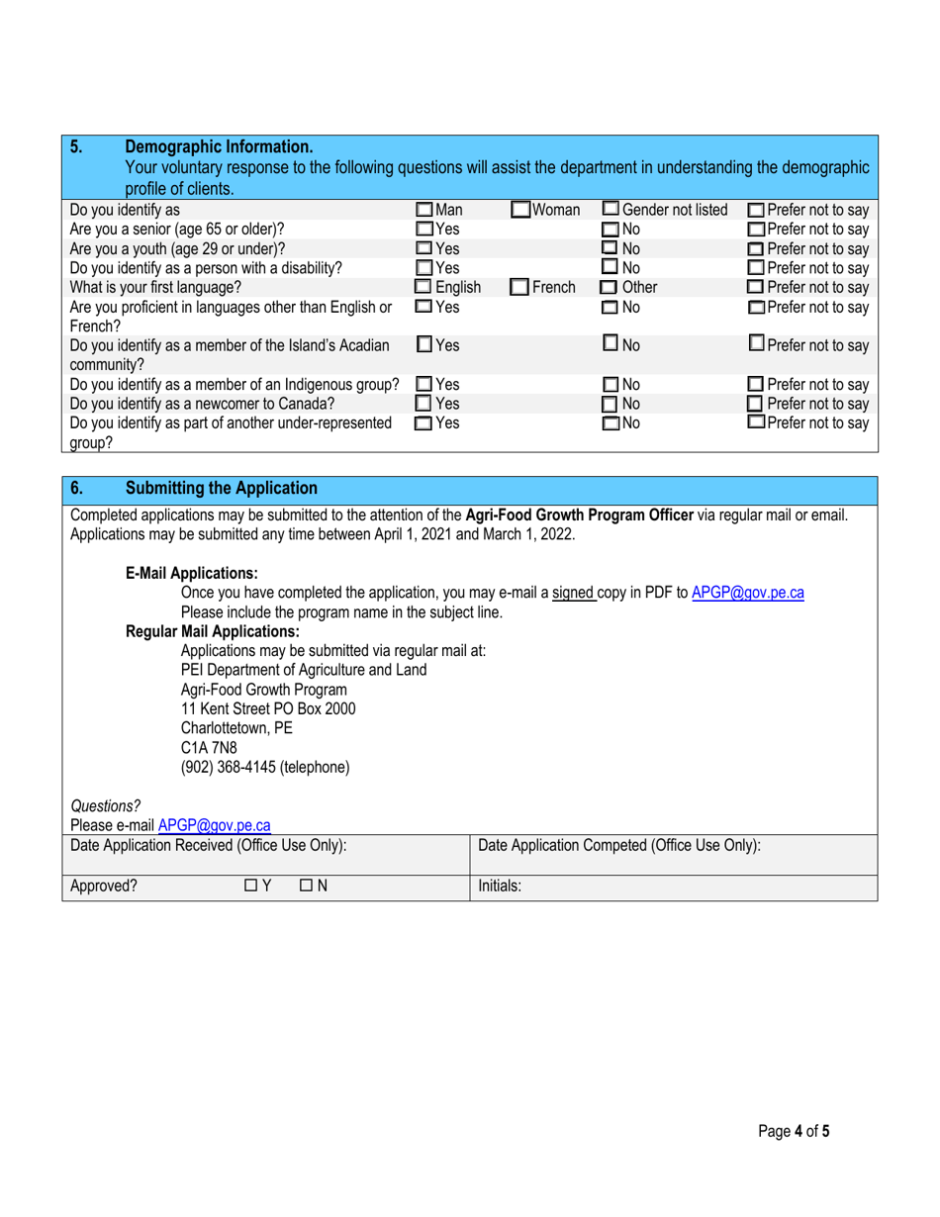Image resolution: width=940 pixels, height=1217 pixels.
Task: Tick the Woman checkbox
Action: click(x=521, y=210)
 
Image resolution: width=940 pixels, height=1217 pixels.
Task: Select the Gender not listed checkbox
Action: click(x=611, y=210)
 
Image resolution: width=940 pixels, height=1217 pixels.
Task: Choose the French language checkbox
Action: click(x=519, y=287)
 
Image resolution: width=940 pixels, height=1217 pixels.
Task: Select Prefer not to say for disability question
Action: click(x=754, y=268)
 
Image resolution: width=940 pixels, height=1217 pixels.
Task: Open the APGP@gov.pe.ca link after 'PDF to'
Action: click(x=747, y=593)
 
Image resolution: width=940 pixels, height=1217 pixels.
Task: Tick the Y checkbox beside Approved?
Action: click(x=250, y=888)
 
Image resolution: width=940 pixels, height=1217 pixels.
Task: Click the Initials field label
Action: click(x=500, y=888)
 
